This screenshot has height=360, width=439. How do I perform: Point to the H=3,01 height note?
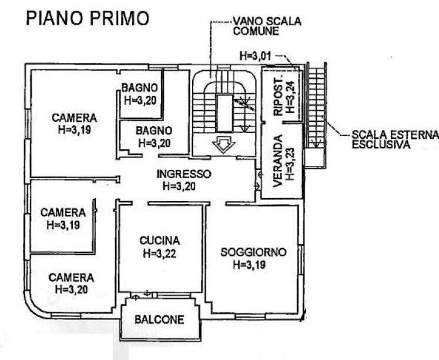coord(256,56)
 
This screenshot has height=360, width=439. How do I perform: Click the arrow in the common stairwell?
coord(222,144)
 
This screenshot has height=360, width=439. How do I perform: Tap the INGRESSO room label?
coord(183,174)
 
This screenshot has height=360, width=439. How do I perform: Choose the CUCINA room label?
coord(159,241)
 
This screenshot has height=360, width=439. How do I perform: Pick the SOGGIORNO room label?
coord(253,252)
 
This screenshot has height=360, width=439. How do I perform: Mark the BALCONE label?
coord(159,320)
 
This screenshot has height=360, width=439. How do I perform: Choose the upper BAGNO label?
coord(139,88)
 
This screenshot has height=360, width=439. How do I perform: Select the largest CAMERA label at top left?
coord(73,117)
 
